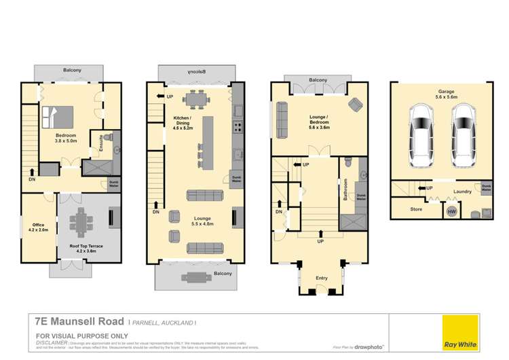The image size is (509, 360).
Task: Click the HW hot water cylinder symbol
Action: [450, 212]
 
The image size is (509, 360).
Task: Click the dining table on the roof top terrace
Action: [84, 221]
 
